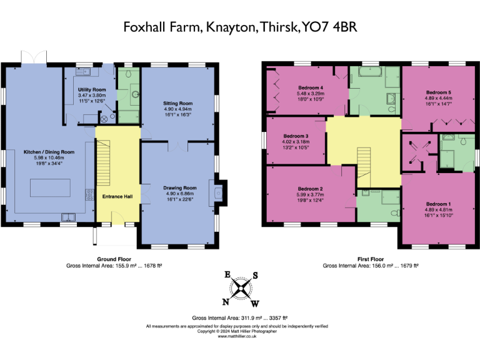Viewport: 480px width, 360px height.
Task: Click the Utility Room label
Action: tap(87, 90)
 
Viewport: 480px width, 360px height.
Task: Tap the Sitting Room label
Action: tap(179, 103)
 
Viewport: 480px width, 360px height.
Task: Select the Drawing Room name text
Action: tap(180, 187)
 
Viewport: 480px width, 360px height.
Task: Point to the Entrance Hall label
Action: tap(117, 197)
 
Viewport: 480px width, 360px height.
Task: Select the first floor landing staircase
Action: tap(364, 162)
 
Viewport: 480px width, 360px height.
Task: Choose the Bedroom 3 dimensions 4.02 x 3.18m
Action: tap(296, 142)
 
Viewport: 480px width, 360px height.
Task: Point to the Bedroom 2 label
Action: tap(310, 189)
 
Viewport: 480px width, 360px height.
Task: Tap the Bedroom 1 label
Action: tap(437, 204)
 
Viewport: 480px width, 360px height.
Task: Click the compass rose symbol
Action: tap(241, 288)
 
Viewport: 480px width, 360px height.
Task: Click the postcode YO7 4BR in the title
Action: tap(329, 27)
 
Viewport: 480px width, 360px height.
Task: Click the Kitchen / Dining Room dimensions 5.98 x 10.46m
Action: tap(49, 157)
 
